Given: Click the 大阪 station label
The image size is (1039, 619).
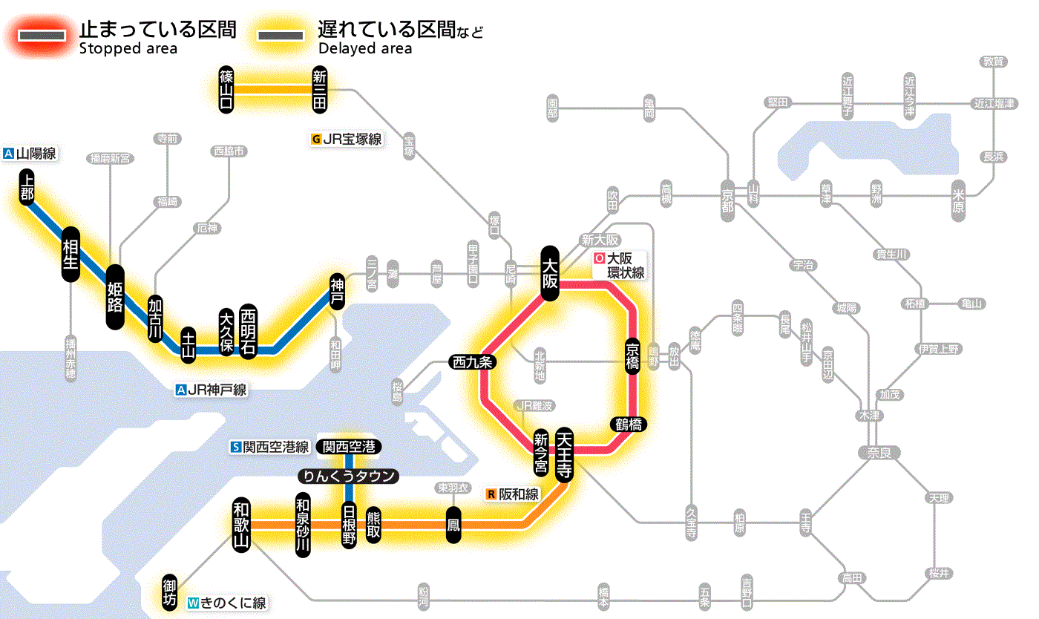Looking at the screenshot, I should point(550,273).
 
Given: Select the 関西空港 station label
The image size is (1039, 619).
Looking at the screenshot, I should point(349,447).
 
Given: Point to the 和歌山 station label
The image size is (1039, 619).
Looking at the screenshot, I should point(240,524).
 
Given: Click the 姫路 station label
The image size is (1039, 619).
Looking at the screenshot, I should point(115,296).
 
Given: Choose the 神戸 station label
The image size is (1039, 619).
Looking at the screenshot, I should point(337,291).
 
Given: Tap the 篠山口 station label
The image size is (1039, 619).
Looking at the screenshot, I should point(226,89).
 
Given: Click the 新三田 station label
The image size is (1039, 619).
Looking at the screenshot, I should point(320,89).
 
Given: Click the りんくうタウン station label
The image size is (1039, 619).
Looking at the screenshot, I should point(349,476).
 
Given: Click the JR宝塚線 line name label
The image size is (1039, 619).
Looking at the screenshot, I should point(347,139).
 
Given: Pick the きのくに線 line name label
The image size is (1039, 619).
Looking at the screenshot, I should point(227,603).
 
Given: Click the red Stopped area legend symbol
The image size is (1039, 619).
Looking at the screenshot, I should point(45,36).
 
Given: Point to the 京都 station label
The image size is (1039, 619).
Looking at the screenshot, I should point(727,197).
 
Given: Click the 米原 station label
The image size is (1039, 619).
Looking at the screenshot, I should point(960,200).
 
